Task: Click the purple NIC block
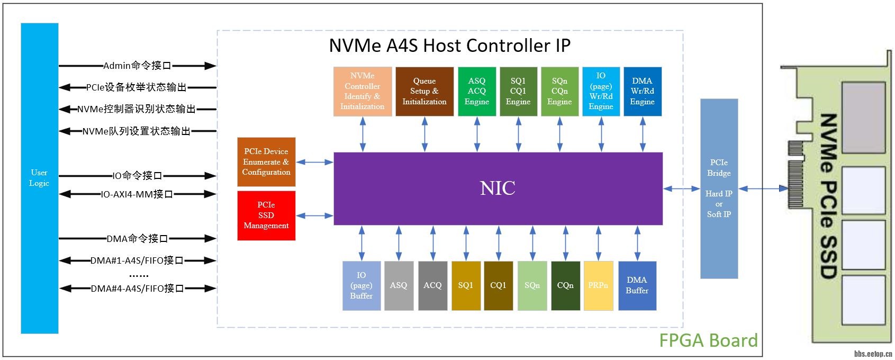(498, 188)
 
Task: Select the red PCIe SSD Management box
(266, 215)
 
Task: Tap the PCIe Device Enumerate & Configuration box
(266, 161)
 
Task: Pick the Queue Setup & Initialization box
(424, 91)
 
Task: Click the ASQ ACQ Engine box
(477, 91)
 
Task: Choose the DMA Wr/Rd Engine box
(643, 91)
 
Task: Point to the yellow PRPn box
(598, 285)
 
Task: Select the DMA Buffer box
(637, 285)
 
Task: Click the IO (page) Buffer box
(361, 285)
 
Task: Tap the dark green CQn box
(565, 285)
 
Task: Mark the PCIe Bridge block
(719, 188)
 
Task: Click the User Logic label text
(39, 178)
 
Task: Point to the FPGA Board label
(708, 340)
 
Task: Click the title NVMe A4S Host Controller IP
(450, 46)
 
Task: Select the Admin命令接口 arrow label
(137, 66)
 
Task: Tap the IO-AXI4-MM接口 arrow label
(137, 194)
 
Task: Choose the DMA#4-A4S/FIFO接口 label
(137, 289)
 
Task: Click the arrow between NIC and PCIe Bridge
(681, 188)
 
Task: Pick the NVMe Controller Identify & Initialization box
(363, 91)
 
